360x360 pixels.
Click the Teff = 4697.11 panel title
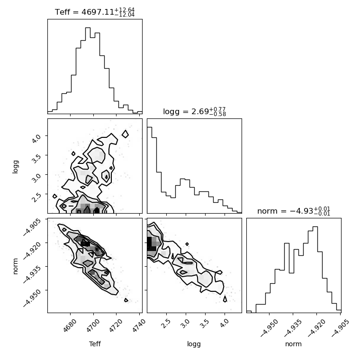[x=95, y=12]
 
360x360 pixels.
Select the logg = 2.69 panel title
[x=195, y=112]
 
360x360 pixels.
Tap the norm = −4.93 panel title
[x=294, y=211]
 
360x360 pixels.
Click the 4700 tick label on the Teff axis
[x=93, y=325]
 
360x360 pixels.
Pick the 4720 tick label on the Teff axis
[x=116, y=325]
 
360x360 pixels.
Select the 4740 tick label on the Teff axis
[x=139, y=325]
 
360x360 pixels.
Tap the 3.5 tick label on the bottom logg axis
[x=205, y=324]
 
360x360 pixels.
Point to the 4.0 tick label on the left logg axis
[x=36, y=139]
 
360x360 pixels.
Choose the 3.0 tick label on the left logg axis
[x=36, y=178]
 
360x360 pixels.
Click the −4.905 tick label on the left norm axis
[x=32, y=227]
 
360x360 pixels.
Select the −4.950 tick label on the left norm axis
[x=32, y=298]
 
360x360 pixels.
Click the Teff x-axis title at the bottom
[x=95, y=344]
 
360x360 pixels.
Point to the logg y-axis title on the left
[x=15, y=167]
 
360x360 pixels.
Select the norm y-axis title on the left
[x=15, y=266]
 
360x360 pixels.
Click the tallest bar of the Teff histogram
[x=88, y=71]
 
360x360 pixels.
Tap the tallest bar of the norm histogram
[x=315, y=270]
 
